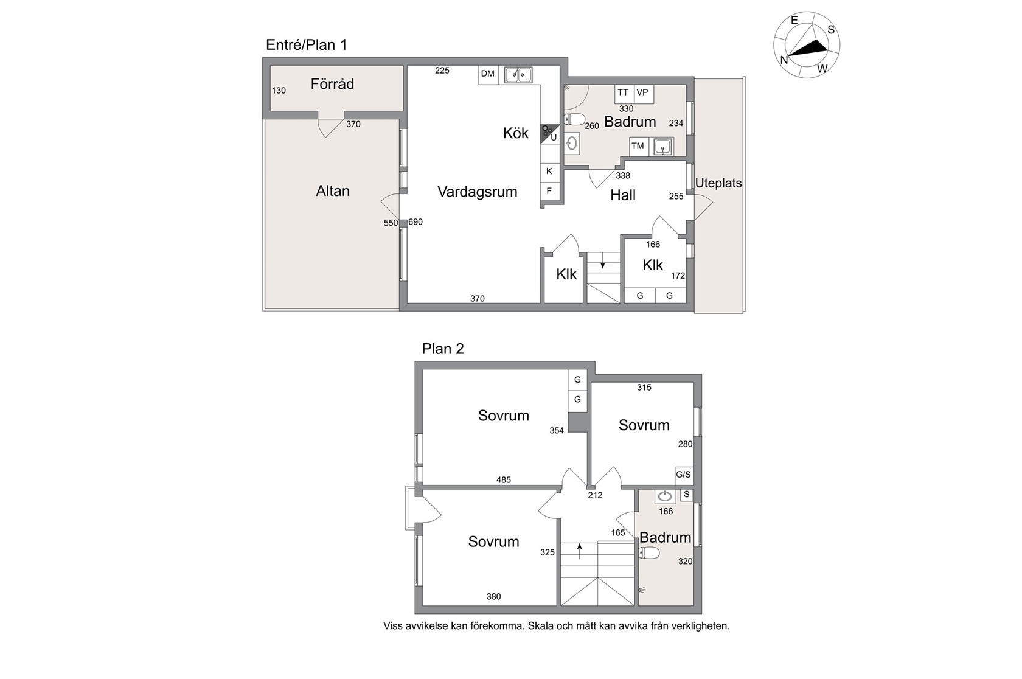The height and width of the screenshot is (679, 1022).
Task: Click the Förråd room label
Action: point(332,83)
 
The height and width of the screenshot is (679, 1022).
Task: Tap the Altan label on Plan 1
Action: point(333,191)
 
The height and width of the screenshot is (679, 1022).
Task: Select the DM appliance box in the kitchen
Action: point(488,74)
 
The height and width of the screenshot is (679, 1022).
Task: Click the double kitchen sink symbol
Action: point(518,74)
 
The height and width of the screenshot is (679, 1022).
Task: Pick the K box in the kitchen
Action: point(549,172)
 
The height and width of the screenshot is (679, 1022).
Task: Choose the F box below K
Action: point(549,191)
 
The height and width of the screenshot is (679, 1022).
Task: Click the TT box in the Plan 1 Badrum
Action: point(623,94)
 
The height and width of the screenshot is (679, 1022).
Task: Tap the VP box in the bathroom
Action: point(644,94)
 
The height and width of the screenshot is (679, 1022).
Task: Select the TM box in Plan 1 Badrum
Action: point(638,146)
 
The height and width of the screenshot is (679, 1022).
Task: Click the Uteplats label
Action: point(718,183)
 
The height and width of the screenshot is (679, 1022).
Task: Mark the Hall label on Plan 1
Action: point(623,195)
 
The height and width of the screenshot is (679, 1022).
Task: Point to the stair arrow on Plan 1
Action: point(603,260)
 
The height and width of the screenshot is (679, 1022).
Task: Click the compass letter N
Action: point(784,60)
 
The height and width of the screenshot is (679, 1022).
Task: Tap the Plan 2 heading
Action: point(443,349)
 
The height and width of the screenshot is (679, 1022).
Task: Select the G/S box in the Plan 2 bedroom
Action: point(683,475)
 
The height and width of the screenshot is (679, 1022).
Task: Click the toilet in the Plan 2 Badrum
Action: point(650,553)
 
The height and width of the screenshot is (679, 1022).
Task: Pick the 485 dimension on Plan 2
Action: point(504,479)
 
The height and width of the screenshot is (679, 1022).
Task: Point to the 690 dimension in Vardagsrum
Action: point(415,221)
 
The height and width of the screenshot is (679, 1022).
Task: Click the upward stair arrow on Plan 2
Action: point(580,551)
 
